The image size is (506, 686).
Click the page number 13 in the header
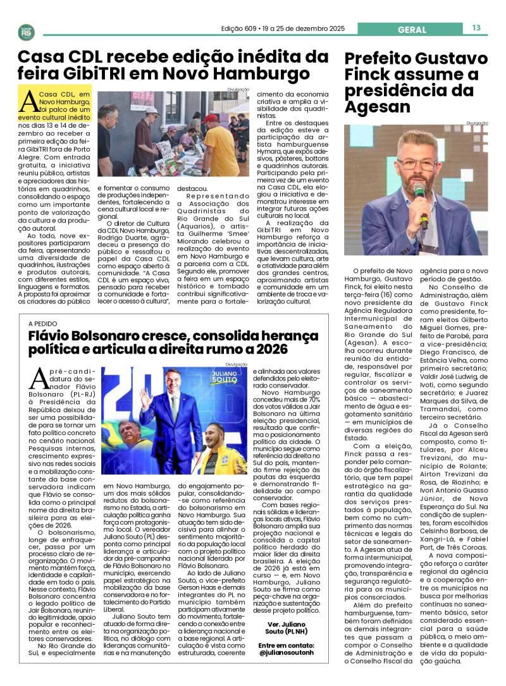(x=476, y=28)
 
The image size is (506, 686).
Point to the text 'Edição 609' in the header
(x=241, y=28)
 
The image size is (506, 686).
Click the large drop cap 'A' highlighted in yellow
(x=28, y=101)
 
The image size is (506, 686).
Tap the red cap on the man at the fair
(x=210, y=118)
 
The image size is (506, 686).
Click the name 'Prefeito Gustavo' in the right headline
(x=416, y=59)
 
